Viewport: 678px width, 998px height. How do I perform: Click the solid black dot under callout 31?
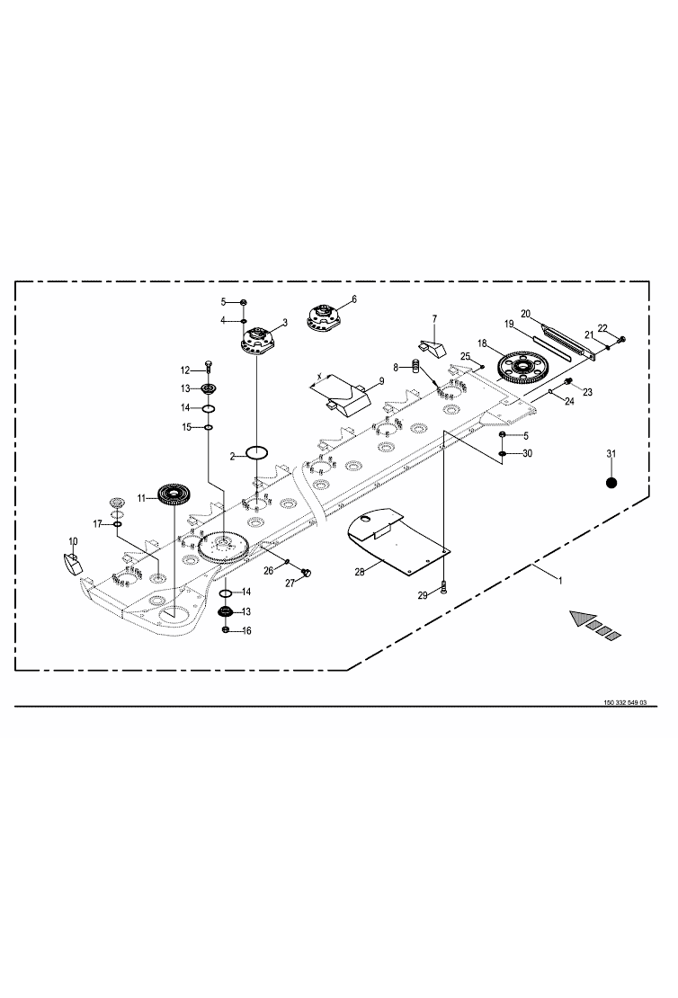click(611, 482)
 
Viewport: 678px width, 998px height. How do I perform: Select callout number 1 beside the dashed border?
click(560, 582)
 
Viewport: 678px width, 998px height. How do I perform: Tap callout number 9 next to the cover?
click(380, 381)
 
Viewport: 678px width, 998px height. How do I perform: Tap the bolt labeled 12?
click(209, 369)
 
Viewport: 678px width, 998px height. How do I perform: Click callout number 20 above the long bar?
click(526, 313)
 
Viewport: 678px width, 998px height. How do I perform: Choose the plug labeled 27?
click(306, 571)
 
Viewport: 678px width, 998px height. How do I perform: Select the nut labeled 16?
click(225, 629)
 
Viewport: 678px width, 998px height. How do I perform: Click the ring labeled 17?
click(118, 524)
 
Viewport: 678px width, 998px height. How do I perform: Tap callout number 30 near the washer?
click(527, 454)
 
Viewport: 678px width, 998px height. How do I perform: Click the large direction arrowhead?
click(578, 619)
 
